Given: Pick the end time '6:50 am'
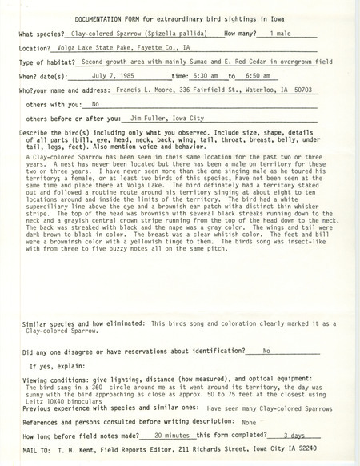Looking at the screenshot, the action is pyautogui.click(x=258, y=78).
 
